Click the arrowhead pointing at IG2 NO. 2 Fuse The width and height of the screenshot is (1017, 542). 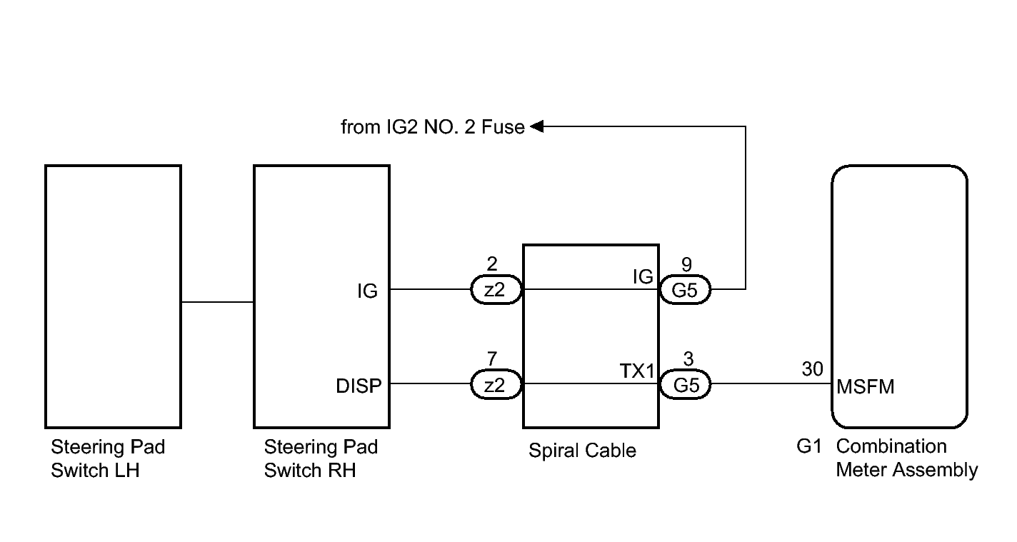click(x=536, y=126)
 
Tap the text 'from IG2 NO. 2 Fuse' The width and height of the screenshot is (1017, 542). click(x=433, y=127)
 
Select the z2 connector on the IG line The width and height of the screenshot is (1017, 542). click(x=496, y=290)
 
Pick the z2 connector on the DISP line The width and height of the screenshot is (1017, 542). click(x=496, y=385)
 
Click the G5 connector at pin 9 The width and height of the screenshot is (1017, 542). click(x=685, y=290)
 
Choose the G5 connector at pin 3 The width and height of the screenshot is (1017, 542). click(x=685, y=385)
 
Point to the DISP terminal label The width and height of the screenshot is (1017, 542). click(x=359, y=386)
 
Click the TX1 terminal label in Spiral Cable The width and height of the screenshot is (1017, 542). click(x=636, y=371)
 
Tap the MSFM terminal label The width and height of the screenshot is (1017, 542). click(x=866, y=387)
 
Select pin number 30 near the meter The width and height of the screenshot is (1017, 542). click(x=812, y=369)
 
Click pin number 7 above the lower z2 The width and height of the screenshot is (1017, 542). click(x=492, y=359)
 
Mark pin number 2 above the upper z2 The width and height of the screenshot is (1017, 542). click(x=492, y=264)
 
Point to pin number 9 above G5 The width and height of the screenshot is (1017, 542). click(x=686, y=264)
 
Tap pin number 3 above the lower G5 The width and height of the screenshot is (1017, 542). click(x=688, y=359)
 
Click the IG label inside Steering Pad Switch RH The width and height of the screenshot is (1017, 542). click(x=367, y=291)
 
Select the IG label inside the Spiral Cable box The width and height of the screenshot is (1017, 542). click(x=643, y=276)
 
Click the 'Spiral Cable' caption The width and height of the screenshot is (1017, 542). click(x=582, y=451)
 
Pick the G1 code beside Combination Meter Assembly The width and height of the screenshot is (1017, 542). click(x=809, y=446)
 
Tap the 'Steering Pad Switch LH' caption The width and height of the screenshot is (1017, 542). click(x=108, y=458)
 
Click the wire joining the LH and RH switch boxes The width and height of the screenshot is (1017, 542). click(x=218, y=302)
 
